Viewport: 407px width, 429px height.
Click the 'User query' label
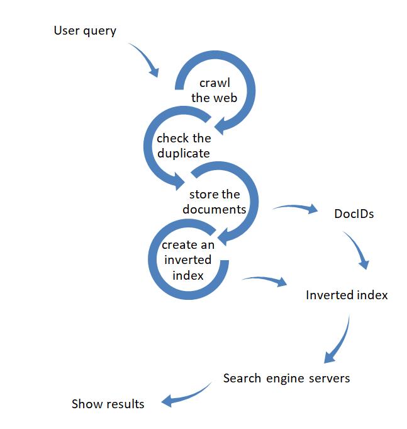85,30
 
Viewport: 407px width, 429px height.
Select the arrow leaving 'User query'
144,60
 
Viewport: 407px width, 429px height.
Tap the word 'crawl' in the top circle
215,83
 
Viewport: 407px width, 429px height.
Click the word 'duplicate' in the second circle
184,153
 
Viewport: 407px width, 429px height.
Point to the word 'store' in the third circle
203,194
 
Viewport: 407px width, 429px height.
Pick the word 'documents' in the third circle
215,209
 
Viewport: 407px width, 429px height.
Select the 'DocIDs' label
354,214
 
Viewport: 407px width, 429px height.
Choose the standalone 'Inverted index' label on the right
347,295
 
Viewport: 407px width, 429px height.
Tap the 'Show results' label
108,404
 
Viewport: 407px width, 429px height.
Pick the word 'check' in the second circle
172,139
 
